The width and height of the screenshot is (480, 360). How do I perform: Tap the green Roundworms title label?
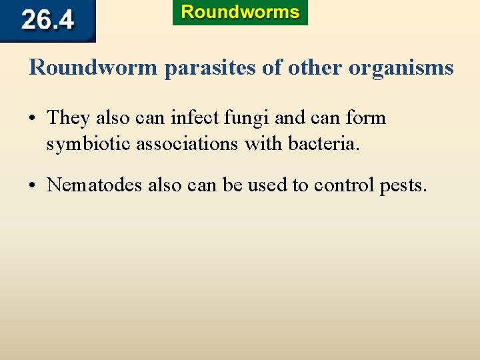[240, 13]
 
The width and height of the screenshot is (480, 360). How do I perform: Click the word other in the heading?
[309, 67]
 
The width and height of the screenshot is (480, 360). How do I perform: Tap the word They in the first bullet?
[69, 119]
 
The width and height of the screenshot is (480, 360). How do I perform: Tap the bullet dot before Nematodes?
[33, 185]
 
